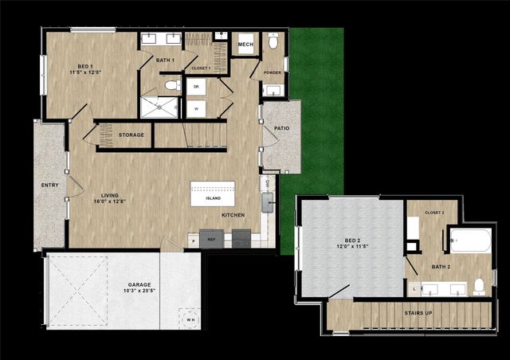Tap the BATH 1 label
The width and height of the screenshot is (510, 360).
click(165, 61)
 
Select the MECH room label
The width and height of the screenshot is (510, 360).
click(245, 45)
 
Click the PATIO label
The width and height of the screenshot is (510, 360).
click(281, 127)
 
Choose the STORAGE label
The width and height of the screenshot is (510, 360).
click(131, 135)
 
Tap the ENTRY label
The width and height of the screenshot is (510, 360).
click(49, 185)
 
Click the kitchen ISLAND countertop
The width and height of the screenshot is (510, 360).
click(213, 194)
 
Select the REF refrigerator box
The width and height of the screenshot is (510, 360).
click(212, 238)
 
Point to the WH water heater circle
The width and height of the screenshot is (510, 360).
click(188, 316)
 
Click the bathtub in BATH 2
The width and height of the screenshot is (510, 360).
click(470, 241)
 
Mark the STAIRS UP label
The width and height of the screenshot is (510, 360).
click(418, 314)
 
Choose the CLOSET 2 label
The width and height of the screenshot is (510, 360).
click(434, 213)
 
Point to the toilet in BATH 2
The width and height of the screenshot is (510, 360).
click(480, 286)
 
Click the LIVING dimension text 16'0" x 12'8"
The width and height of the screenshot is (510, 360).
click(112, 202)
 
